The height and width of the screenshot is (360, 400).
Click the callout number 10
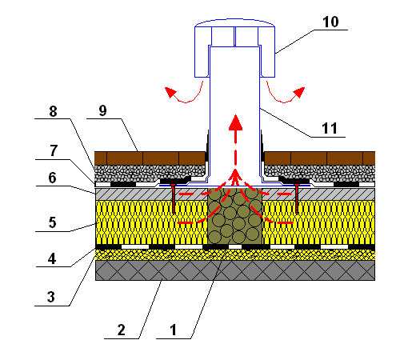click(330, 22)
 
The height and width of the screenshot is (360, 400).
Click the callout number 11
click(330, 128)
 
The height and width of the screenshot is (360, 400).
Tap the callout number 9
click(102, 110)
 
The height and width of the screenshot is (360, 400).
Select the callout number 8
click(53, 111)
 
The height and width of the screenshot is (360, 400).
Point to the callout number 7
click(54, 150)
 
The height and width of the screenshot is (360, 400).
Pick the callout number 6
click(52, 178)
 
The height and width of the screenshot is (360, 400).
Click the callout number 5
click(52, 222)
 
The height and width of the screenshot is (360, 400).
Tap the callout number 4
click(52, 258)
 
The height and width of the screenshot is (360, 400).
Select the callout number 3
click(51, 297)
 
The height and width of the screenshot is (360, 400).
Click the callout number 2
click(122, 330)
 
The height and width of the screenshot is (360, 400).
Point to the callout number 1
click(174, 330)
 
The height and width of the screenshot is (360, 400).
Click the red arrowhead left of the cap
click(170, 92)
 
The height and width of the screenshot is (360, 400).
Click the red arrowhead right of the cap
click(299, 92)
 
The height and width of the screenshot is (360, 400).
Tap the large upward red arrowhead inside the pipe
click(235, 122)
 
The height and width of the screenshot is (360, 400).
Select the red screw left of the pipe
click(174, 198)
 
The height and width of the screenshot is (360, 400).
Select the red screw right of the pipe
click(297, 198)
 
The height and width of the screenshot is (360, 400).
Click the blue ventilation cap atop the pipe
click(234, 48)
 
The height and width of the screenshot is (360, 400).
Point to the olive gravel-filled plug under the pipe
click(234, 216)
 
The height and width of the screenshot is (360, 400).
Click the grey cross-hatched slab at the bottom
click(235, 270)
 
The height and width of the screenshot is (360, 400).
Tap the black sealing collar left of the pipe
click(206, 146)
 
